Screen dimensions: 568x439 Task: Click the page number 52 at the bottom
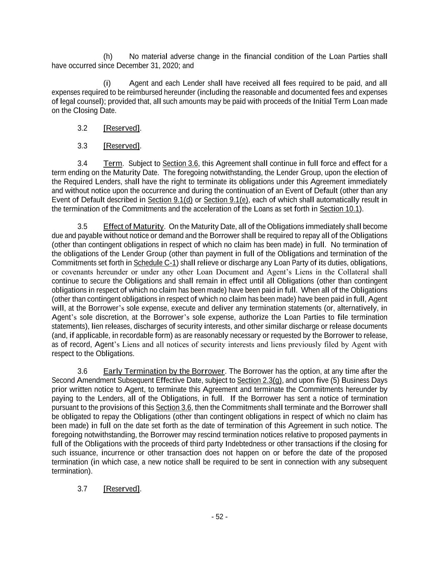[220, 517]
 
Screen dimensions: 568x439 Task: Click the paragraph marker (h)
[108, 57]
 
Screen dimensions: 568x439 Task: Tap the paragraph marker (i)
[107, 83]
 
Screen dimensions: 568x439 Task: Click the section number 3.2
[82, 128]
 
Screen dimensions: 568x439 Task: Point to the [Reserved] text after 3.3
[122, 146]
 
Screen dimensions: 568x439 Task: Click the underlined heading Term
[112, 164]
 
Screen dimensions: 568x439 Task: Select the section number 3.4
[82, 164]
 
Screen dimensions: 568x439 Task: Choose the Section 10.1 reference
[339, 209]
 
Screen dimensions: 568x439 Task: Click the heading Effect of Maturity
[133, 227]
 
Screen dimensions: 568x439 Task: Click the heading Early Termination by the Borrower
[164, 371]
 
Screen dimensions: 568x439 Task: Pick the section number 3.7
[82, 489]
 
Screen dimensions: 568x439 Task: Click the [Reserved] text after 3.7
[122, 489]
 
